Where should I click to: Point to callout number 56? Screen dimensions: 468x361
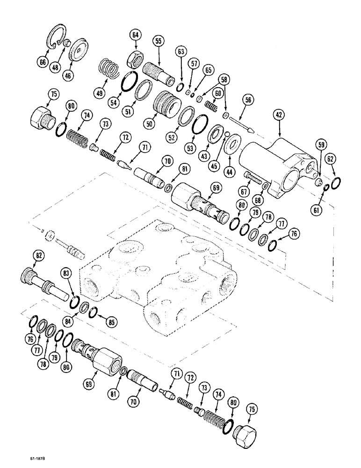tap(247, 99)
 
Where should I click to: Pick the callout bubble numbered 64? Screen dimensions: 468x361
tap(135, 35)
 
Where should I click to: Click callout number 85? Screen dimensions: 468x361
tap(112, 322)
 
